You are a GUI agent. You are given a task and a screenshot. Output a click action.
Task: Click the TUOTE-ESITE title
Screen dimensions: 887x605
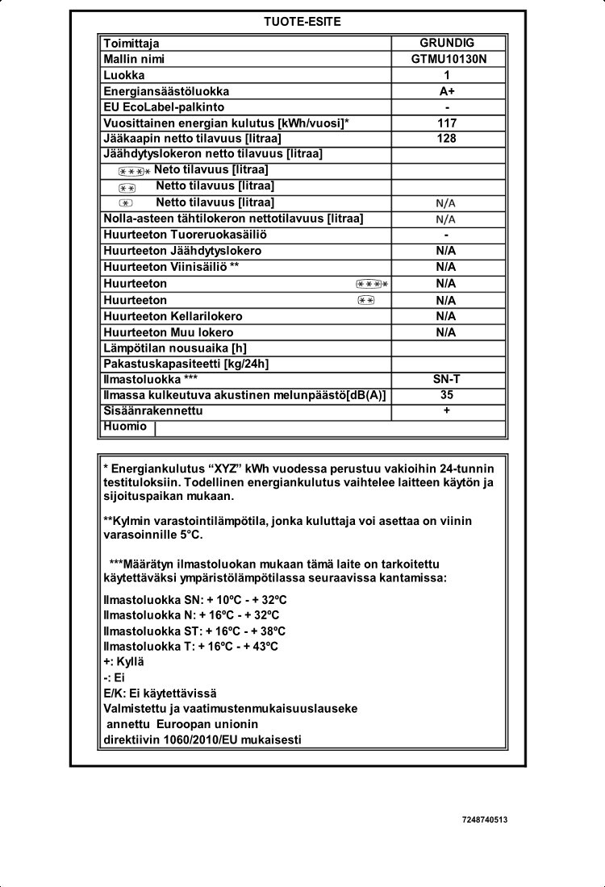pyautogui.click(x=302, y=22)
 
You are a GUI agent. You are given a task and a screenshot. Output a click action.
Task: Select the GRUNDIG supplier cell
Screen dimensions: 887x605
pyautogui.click(x=447, y=43)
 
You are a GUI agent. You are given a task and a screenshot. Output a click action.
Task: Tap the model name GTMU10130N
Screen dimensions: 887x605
pyautogui.click(x=447, y=59)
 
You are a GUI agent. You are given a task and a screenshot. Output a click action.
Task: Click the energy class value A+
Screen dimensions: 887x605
pyautogui.click(x=447, y=91)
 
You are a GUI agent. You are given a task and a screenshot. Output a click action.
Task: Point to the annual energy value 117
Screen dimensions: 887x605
pyautogui.click(x=447, y=123)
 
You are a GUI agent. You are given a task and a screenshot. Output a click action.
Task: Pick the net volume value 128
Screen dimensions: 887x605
pyautogui.click(x=447, y=139)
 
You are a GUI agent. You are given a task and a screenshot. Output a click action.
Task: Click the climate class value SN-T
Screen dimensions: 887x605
pyautogui.click(x=447, y=379)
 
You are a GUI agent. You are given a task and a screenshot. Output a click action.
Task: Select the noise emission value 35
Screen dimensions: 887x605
pyautogui.click(x=447, y=395)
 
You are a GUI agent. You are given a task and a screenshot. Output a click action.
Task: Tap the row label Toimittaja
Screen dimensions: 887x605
pyautogui.click(x=131, y=43)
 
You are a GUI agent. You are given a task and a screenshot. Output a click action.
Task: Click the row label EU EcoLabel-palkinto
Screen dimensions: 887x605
pyautogui.click(x=164, y=107)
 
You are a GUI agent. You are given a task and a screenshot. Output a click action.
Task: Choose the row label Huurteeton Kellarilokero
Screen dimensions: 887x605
pyautogui.click(x=173, y=316)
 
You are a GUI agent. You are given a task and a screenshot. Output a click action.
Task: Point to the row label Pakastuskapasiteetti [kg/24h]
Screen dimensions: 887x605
pyautogui.click(x=186, y=364)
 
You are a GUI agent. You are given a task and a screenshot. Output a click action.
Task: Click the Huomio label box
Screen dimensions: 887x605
pyautogui.click(x=126, y=427)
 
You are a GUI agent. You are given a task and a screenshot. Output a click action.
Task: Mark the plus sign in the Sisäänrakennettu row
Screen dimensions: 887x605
pyautogui.click(x=447, y=410)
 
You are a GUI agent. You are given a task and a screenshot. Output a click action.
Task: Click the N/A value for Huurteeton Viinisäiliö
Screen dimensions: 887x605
pyautogui.click(x=447, y=267)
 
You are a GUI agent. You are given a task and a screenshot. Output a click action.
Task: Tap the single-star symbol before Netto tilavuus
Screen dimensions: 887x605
pyautogui.click(x=125, y=203)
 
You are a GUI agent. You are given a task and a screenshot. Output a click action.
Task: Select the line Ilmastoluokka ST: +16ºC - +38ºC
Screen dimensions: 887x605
pyautogui.click(x=194, y=631)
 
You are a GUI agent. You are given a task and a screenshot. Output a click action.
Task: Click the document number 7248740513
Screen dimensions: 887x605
pyautogui.click(x=485, y=819)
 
